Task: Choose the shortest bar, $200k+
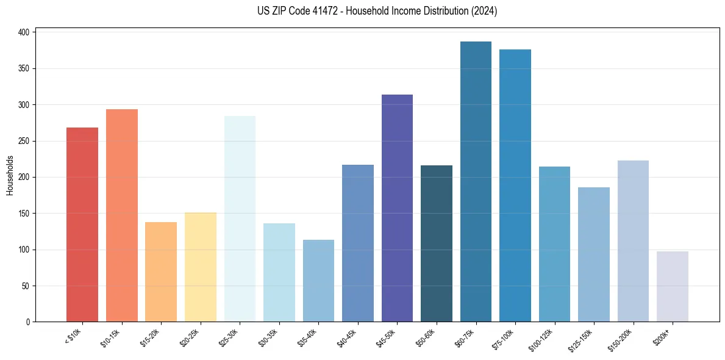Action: point(673,286)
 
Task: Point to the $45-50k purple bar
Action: point(397,208)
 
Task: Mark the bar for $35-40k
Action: point(318,281)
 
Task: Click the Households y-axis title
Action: point(10,175)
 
